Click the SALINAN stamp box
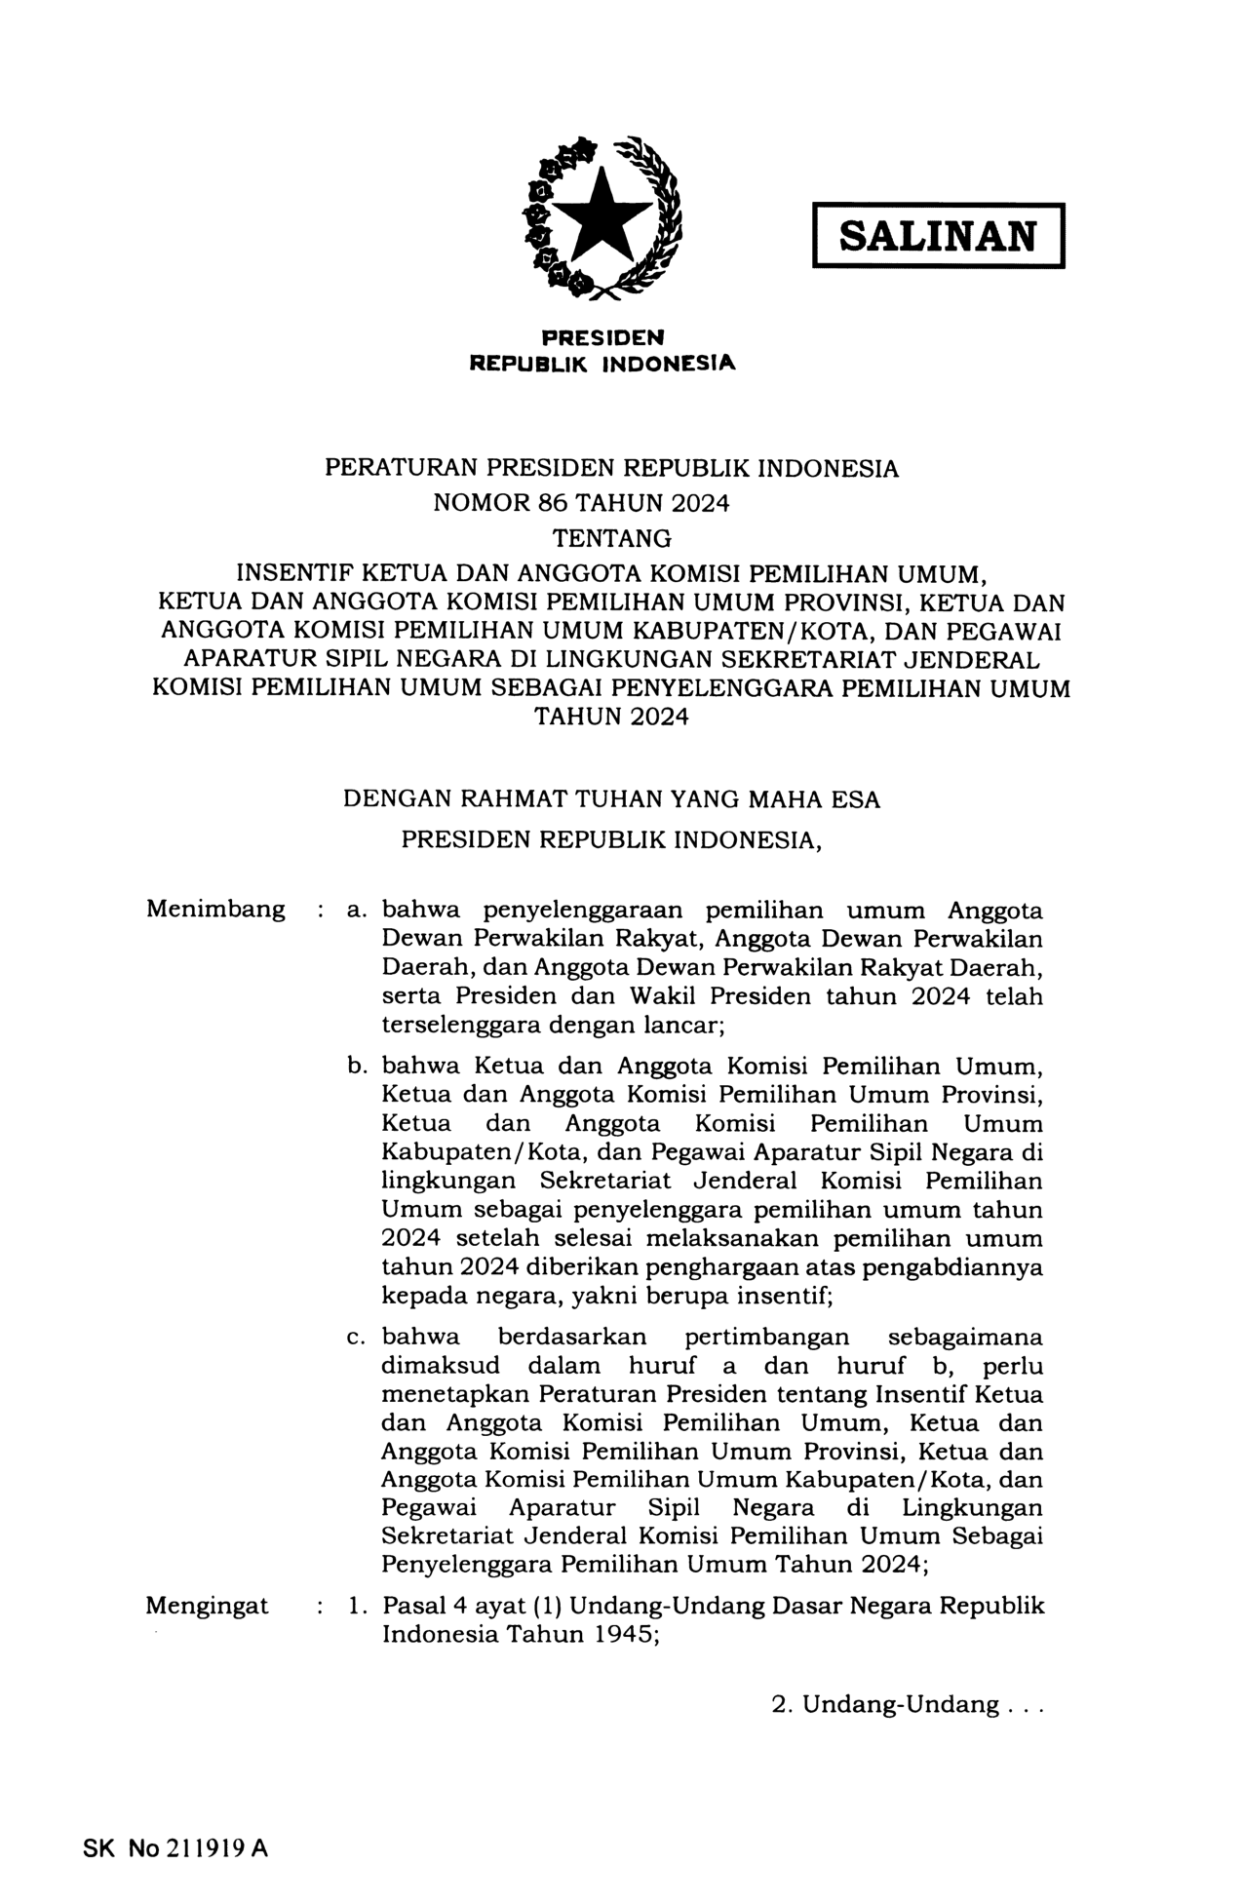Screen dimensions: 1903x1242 click(938, 235)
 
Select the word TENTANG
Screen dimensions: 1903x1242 click(611, 538)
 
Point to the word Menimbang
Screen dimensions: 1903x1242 click(215, 910)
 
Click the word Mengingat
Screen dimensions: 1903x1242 click(207, 1606)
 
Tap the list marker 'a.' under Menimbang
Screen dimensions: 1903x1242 click(356, 911)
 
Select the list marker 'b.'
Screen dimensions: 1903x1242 click(356, 1066)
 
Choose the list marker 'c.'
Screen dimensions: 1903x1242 click(356, 1338)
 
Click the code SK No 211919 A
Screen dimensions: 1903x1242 click(175, 1848)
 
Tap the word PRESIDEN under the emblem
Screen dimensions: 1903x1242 click(602, 337)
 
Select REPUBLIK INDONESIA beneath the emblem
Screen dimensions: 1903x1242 click(602, 364)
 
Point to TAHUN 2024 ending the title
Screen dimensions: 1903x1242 click(611, 718)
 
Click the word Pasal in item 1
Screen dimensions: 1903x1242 click(409, 1606)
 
